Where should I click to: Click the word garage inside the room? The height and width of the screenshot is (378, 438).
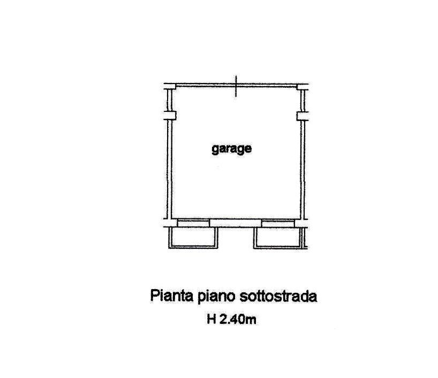tap(231, 149)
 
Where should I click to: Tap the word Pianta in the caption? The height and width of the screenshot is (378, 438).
tap(172, 296)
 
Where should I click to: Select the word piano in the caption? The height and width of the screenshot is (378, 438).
tap(216, 297)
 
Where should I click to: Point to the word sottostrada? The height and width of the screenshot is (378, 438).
tap(278, 297)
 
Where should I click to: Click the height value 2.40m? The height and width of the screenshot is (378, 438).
tap(238, 319)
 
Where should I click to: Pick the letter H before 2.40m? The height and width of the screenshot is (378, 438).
tap(212, 319)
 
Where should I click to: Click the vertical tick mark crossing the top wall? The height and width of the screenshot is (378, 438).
tap(236, 86)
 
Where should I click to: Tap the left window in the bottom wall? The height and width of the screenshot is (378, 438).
tap(193, 223)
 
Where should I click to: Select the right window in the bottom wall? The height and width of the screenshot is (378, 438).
tap(278, 223)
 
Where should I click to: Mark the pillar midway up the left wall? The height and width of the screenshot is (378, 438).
tap(170, 115)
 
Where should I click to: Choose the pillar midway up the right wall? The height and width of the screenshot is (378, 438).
tap(303, 116)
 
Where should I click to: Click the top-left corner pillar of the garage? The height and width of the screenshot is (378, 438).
tap(170, 86)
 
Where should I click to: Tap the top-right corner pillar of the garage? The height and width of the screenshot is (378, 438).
tap(303, 86)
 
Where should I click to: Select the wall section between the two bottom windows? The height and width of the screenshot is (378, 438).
tap(236, 223)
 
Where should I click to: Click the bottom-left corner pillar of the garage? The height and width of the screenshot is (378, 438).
tap(170, 223)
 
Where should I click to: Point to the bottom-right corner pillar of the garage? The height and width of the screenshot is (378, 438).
tap(301, 223)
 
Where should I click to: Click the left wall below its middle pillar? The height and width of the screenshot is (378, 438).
tap(169, 169)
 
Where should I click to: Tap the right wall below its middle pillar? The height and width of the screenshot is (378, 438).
tap(303, 170)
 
